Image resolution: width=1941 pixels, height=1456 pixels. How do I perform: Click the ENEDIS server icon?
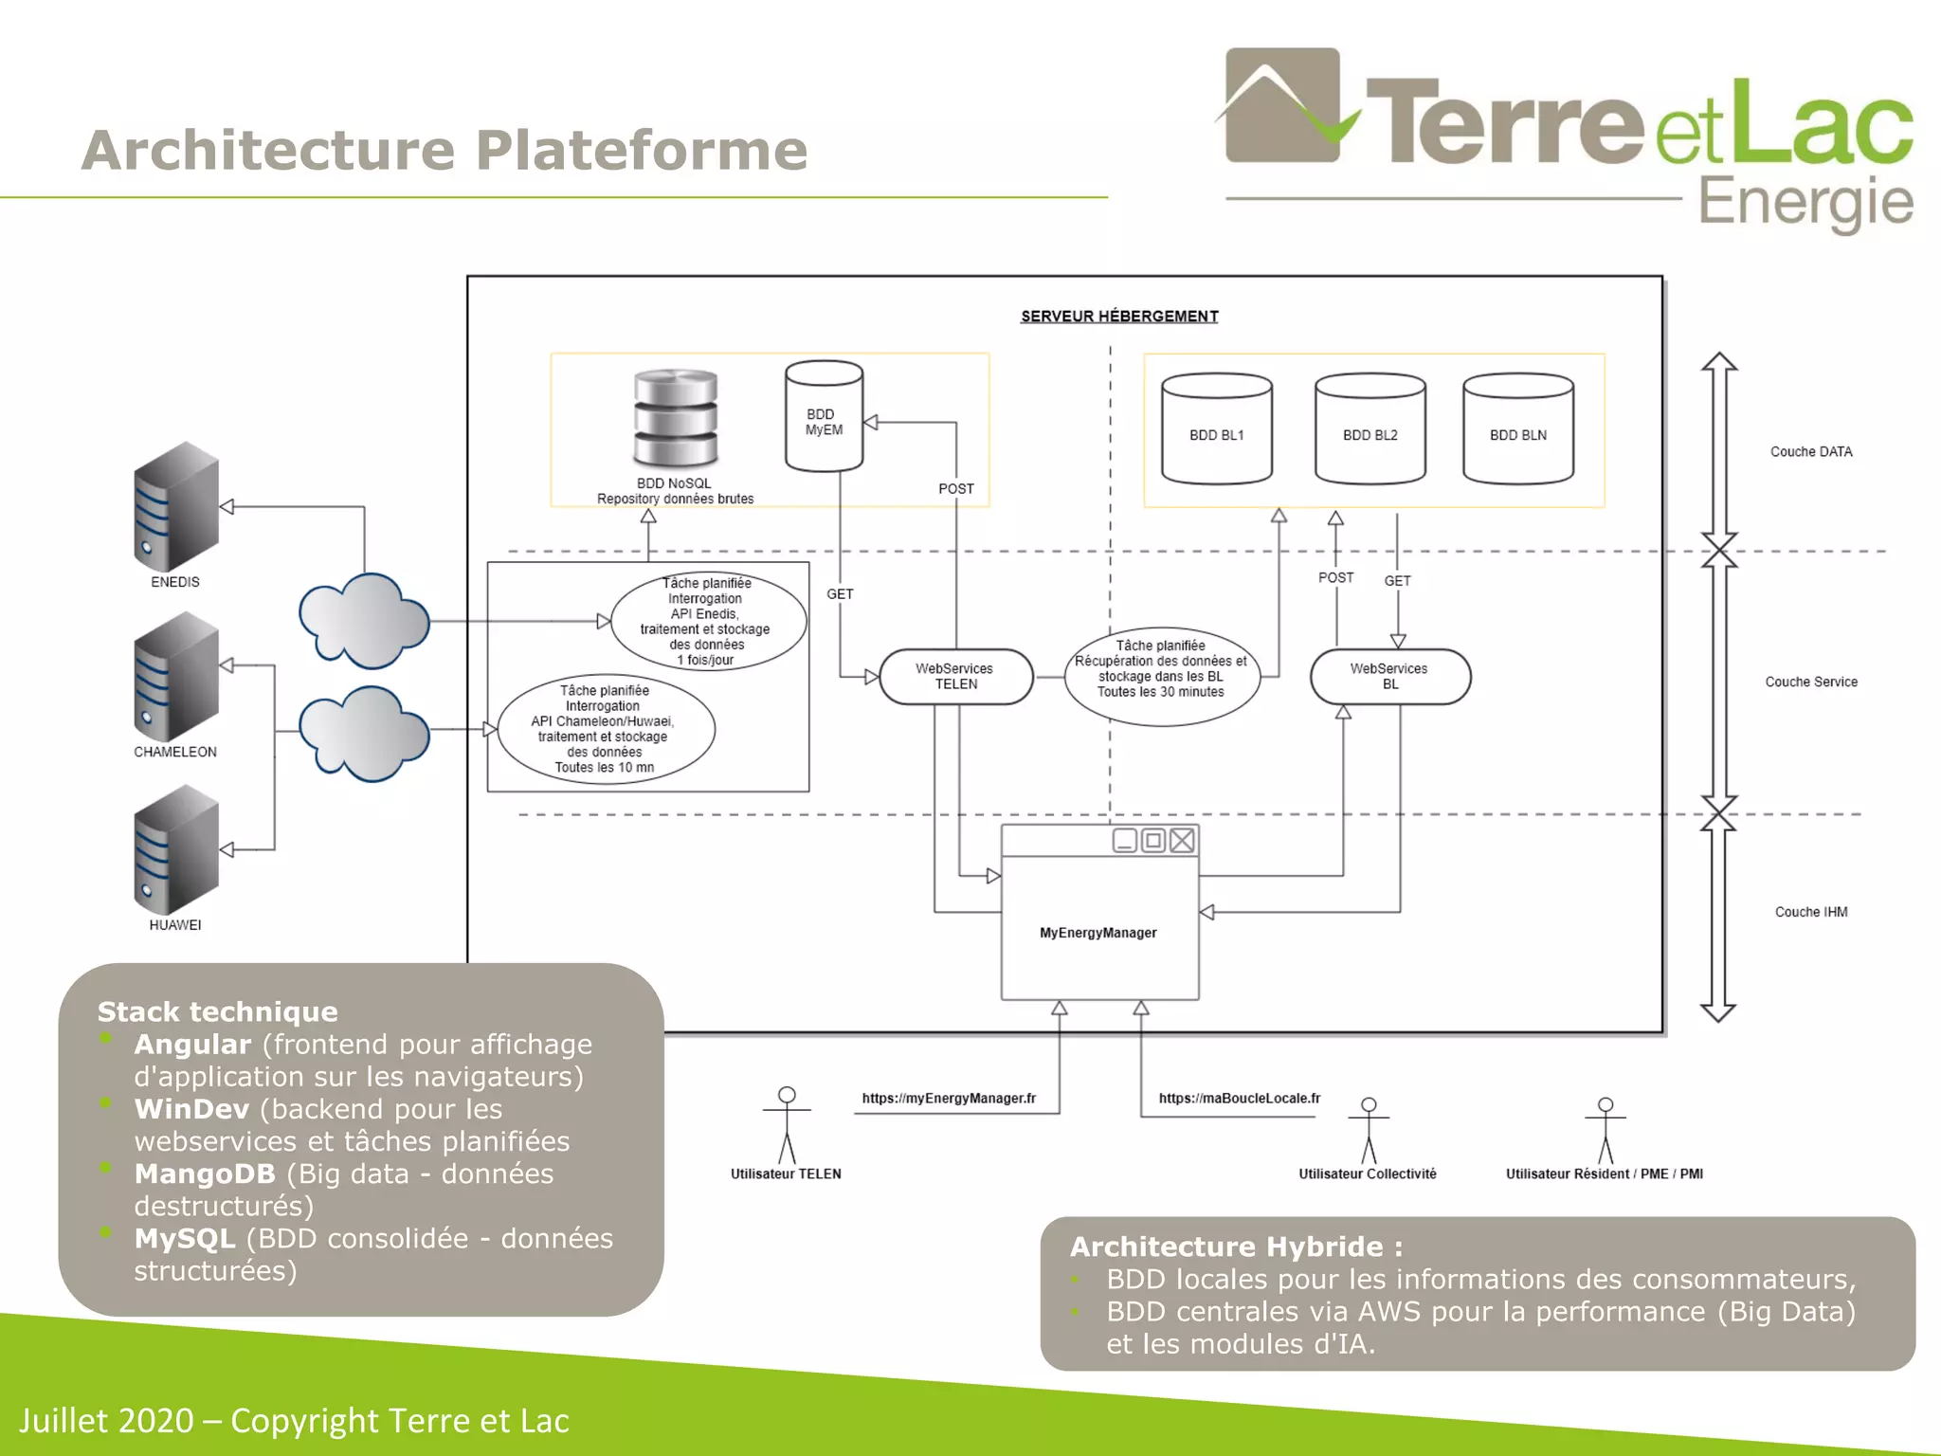coord(176,506)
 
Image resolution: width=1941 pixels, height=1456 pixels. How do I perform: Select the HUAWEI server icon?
coord(176,849)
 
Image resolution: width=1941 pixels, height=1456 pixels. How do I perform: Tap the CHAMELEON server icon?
coord(176,677)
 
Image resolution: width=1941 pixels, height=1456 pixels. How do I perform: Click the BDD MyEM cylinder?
coord(824,417)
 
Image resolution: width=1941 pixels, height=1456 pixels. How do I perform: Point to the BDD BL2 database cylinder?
coord(1370,428)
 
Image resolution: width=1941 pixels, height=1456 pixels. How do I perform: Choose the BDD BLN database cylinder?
coord(1517,428)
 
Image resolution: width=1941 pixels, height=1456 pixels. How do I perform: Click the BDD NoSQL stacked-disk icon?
coord(675,418)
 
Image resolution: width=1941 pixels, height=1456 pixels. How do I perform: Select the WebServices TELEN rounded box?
coord(955,677)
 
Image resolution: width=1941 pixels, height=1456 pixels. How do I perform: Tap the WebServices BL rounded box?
coord(1389,677)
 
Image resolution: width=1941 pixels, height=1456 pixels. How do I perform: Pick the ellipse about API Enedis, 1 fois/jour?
coord(707,621)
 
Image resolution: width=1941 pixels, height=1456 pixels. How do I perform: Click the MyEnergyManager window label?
coord(1097,933)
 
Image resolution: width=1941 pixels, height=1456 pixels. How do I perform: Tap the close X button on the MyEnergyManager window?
coord(1182,841)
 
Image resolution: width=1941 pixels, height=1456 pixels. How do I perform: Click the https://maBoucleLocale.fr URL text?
coord(1239,1099)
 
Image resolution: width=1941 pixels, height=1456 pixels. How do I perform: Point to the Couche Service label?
coord(1810,682)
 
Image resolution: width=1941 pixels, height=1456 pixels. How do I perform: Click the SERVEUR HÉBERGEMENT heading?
coord(1119,317)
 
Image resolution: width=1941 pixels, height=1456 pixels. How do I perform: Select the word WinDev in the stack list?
coord(192,1109)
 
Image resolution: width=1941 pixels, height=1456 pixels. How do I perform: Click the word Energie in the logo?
coord(1805,203)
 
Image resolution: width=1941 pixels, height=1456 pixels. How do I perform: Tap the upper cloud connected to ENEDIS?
coord(364,620)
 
